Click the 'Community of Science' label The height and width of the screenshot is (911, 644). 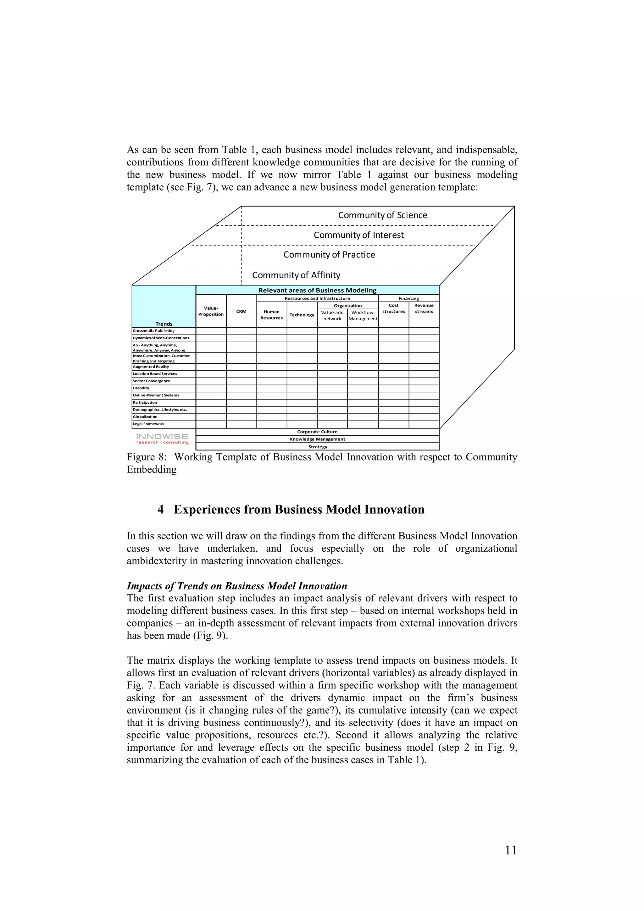pyautogui.click(x=382, y=215)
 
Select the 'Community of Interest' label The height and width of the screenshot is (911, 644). pyautogui.click(x=359, y=235)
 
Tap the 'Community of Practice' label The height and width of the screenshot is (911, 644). pyautogui.click(x=329, y=255)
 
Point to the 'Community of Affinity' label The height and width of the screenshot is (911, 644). pyautogui.click(x=296, y=275)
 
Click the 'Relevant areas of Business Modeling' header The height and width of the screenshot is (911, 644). pyautogui.click(x=317, y=290)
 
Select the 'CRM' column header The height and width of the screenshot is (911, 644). pyautogui.click(x=241, y=312)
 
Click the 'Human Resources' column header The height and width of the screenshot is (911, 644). pyautogui.click(x=271, y=315)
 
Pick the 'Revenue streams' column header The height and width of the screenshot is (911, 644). pyautogui.click(x=424, y=308)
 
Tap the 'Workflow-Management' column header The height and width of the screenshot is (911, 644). pyautogui.click(x=363, y=315)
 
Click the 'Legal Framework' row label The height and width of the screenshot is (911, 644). pyautogui.click(x=148, y=424)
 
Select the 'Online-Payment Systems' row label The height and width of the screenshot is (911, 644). pyautogui.click(x=156, y=395)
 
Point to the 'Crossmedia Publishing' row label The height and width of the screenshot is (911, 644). pyautogui.click(x=153, y=330)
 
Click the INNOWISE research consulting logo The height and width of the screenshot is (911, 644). pyautogui.click(x=162, y=439)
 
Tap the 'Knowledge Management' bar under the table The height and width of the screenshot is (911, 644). pyautogui.click(x=317, y=439)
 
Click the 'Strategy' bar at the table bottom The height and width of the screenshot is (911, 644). pyautogui.click(x=317, y=447)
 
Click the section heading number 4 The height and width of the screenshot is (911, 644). pyautogui.click(x=160, y=510)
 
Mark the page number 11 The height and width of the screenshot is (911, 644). pyautogui.click(x=511, y=850)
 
